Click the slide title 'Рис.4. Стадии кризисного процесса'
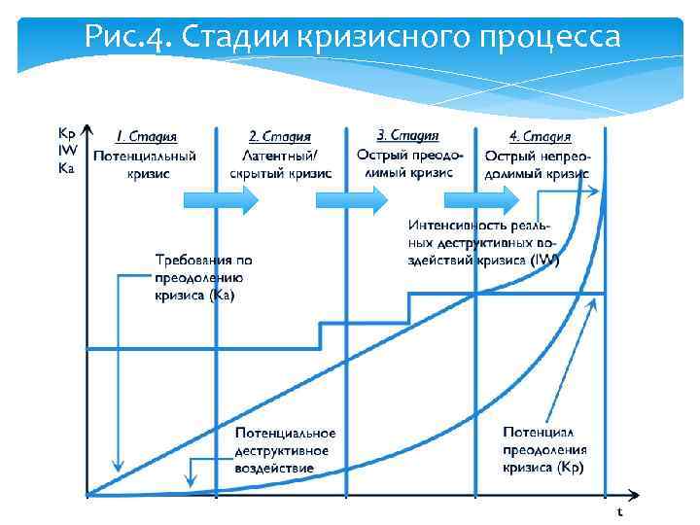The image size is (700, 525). [x=351, y=37]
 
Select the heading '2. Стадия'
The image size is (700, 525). [x=280, y=137]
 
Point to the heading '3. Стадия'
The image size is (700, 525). [x=407, y=136]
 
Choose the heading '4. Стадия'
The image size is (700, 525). [x=540, y=137]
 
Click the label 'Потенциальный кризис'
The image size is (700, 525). [x=145, y=163]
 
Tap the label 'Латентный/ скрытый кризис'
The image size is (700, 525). [x=280, y=163]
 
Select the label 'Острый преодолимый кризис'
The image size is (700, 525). [x=409, y=162]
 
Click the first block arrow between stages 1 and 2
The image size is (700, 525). [x=221, y=199]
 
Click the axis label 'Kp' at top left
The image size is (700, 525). [x=67, y=133]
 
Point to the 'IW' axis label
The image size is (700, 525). [x=67, y=150]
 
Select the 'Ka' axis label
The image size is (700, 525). [x=67, y=166]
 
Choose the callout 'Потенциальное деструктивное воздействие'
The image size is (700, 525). [x=285, y=450]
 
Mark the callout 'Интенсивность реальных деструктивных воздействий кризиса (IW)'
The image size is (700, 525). [x=483, y=242]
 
